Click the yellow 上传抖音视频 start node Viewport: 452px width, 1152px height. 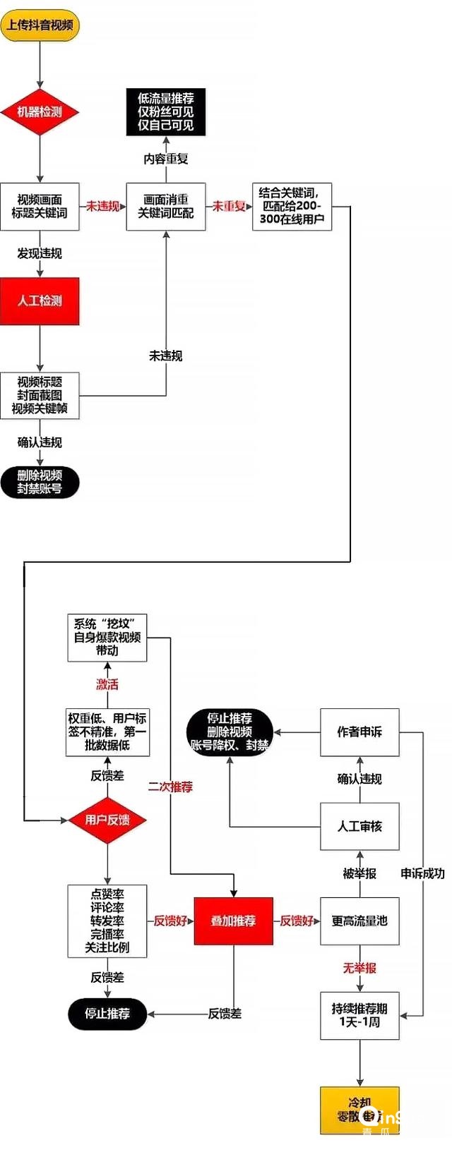[x=40, y=25]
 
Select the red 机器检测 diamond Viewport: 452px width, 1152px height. [x=40, y=111]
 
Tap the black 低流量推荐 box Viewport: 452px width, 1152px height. [x=166, y=111]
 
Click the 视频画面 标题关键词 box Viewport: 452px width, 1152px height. [x=40, y=206]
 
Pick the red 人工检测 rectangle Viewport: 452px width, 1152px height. [x=40, y=301]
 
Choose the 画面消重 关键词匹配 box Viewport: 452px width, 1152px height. [x=166, y=206]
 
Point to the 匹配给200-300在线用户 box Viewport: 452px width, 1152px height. [x=292, y=206]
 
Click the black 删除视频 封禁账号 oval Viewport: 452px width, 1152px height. [x=40, y=483]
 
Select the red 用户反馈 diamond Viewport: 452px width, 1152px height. [x=107, y=820]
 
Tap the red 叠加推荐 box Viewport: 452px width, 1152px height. [x=233, y=921]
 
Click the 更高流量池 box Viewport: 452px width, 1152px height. [x=359, y=921]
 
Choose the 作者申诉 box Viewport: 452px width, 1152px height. [x=359, y=732]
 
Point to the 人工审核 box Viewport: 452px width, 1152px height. [x=359, y=826]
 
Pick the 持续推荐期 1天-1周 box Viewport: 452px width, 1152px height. [x=359, y=1015]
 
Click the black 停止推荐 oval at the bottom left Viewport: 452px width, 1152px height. [x=107, y=1014]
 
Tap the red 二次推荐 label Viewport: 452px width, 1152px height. [x=170, y=787]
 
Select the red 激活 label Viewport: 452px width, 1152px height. [x=107, y=684]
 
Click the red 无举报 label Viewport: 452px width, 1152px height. [x=359, y=968]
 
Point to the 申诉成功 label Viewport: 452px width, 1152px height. [x=422, y=873]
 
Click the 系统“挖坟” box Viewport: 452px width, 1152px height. [x=107, y=637]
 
